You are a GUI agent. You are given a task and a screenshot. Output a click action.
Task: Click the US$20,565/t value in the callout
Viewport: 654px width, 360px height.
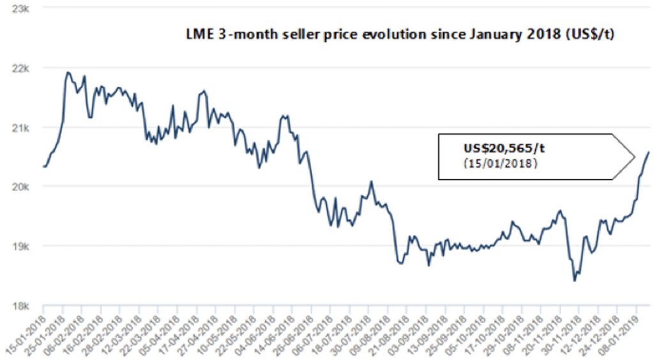point(504,149)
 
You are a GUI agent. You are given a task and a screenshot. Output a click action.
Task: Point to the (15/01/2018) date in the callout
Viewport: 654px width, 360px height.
point(500,163)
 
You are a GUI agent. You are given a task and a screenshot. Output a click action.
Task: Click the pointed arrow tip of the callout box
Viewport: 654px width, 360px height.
point(634,156)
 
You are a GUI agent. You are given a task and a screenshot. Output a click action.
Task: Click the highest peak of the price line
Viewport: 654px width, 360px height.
point(68,72)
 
